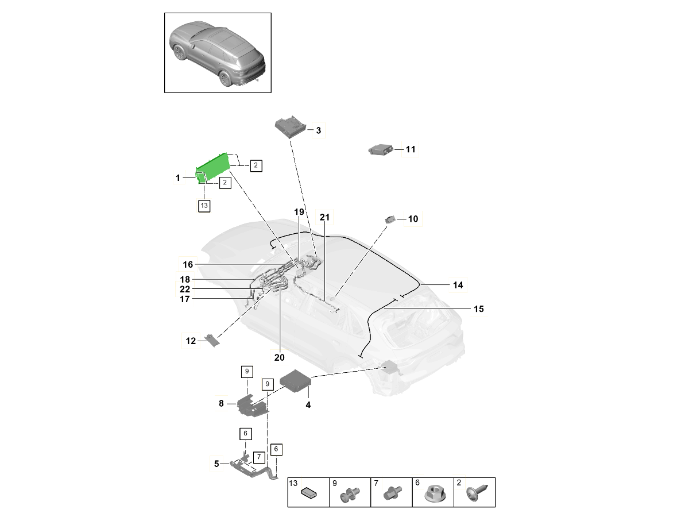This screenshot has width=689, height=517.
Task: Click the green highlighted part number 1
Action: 214,168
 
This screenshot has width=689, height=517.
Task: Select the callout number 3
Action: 319,131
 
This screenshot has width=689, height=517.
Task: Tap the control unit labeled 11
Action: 380,149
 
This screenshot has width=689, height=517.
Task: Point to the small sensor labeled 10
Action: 391,219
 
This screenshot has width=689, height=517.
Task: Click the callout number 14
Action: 458,285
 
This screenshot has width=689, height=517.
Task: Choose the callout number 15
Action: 479,309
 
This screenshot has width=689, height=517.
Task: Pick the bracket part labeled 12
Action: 213,340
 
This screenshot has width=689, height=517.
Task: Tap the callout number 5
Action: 217,464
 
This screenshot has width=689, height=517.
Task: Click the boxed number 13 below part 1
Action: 204,205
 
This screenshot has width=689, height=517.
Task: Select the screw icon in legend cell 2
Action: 476,492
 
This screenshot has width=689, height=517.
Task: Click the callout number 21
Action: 325,217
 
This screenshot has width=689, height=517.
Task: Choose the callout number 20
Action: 280,357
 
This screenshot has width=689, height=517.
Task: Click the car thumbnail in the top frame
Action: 218,53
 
